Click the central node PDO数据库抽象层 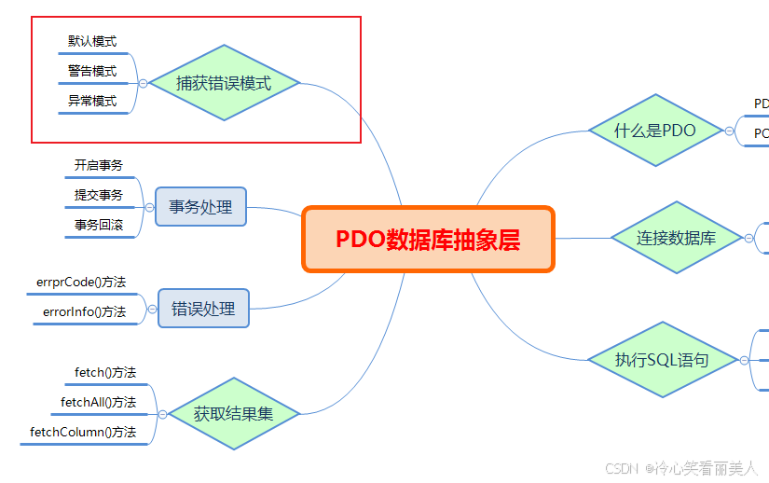point(428,240)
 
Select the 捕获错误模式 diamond point(224,83)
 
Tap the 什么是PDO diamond point(655,131)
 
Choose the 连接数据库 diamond point(676,238)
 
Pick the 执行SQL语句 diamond point(662,359)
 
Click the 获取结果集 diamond point(233,413)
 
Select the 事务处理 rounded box point(200,206)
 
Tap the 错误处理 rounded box point(203,308)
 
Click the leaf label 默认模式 point(92,42)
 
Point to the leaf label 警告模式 point(92,71)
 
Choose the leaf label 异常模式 point(92,101)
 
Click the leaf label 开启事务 point(99,166)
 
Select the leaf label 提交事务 point(99,195)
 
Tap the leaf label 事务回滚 point(99,225)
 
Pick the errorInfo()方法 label point(84,311)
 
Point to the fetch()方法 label point(105,373)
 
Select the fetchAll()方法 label point(99,402)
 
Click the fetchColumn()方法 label point(83,432)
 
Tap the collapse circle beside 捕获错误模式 point(143,83)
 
